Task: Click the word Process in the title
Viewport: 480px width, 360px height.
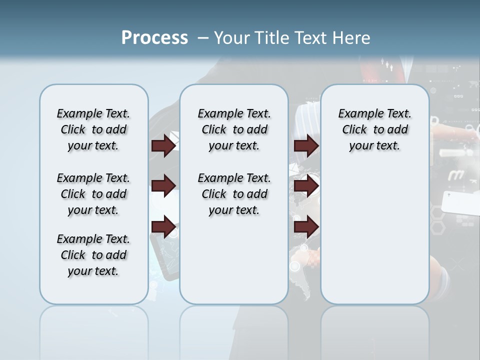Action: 154,37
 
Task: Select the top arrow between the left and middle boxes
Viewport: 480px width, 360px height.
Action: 163,145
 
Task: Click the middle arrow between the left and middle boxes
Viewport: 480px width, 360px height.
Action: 163,186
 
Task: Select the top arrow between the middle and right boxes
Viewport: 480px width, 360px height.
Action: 306,145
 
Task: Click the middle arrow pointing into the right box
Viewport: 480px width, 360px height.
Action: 306,186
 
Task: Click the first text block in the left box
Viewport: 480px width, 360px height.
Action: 93,129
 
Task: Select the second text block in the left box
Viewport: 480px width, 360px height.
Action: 93,194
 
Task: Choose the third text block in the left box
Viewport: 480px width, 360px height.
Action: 93,255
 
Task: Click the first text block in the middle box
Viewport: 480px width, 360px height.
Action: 234,129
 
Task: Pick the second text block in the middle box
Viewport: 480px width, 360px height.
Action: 234,194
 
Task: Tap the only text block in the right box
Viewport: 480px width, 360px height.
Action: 374,129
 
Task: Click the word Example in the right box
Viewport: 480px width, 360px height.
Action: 356,113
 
